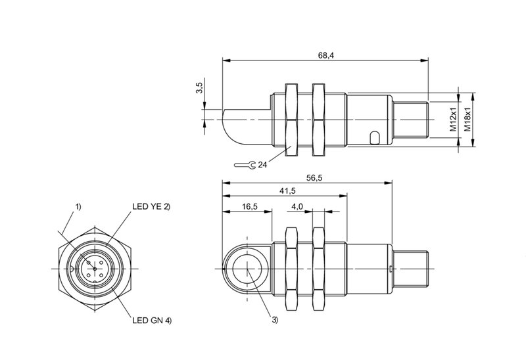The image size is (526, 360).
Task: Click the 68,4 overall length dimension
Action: coord(325,56)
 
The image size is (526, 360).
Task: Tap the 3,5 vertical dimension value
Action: coord(199,88)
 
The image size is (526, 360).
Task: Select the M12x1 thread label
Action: coord(454,120)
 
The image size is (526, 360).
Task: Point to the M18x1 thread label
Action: coord(467,120)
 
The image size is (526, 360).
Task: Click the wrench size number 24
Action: coord(262,165)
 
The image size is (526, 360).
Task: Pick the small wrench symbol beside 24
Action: coord(245,165)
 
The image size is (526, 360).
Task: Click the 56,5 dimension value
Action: coord(314,178)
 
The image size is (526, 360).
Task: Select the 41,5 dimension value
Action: coord(287,191)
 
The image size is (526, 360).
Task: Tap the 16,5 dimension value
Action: coord(249,206)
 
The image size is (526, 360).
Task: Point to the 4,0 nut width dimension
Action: coord(297,206)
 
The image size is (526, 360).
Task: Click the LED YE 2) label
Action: coord(151,206)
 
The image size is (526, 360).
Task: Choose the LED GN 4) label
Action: coord(152,321)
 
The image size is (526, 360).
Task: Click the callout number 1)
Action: coord(78,206)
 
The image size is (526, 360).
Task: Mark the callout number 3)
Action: coord(275,321)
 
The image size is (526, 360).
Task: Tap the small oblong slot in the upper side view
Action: coord(375,138)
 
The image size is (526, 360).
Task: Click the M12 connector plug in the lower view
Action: coord(410,268)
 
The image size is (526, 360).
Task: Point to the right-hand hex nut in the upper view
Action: coord(318,120)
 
